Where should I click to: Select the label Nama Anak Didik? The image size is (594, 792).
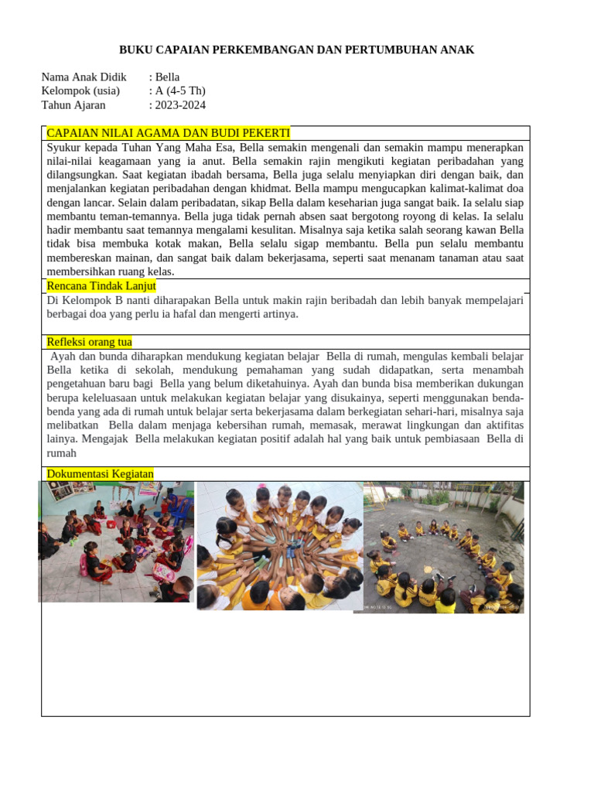point(84,77)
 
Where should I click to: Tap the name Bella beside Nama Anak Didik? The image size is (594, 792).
point(167,77)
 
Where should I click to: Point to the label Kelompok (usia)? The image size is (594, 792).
point(80,91)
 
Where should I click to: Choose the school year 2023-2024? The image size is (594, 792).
point(180,105)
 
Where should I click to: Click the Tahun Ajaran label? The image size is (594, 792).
point(73,105)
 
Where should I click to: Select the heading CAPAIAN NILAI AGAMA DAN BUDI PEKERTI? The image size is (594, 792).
point(169,133)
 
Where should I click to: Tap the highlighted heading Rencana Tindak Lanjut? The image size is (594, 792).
point(101,286)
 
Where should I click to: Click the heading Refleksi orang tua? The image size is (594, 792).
point(90,342)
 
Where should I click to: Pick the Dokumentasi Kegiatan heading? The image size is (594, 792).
point(101,474)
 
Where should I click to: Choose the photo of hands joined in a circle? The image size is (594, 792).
point(280,545)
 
